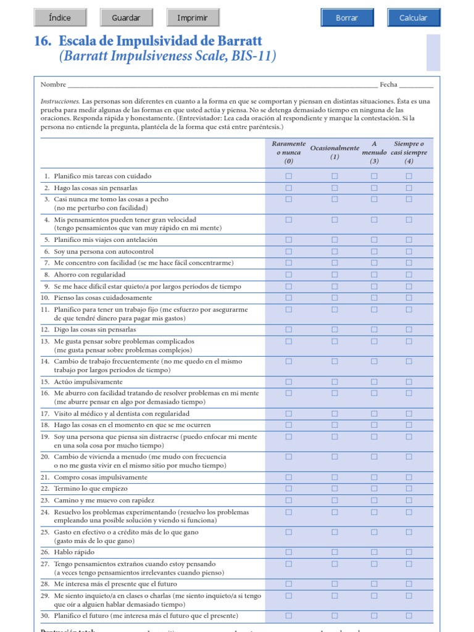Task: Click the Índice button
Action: point(60,18)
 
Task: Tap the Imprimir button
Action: point(193,18)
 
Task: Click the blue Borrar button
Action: point(347,18)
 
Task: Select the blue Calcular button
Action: point(414,18)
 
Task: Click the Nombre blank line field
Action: point(222,85)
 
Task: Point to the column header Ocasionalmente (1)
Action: point(335,152)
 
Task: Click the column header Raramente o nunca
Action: point(289,152)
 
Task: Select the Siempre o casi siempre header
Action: point(409,152)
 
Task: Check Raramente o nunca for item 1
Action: point(289,176)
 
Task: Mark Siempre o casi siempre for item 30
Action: point(409,615)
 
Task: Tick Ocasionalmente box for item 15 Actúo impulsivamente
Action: point(335,382)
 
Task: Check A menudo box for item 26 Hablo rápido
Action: point(374,552)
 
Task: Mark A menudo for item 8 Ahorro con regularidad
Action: point(374,275)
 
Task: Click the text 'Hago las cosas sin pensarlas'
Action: point(96,188)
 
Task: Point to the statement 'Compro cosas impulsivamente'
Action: point(101,477)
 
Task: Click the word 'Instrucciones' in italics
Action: point(60,101)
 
